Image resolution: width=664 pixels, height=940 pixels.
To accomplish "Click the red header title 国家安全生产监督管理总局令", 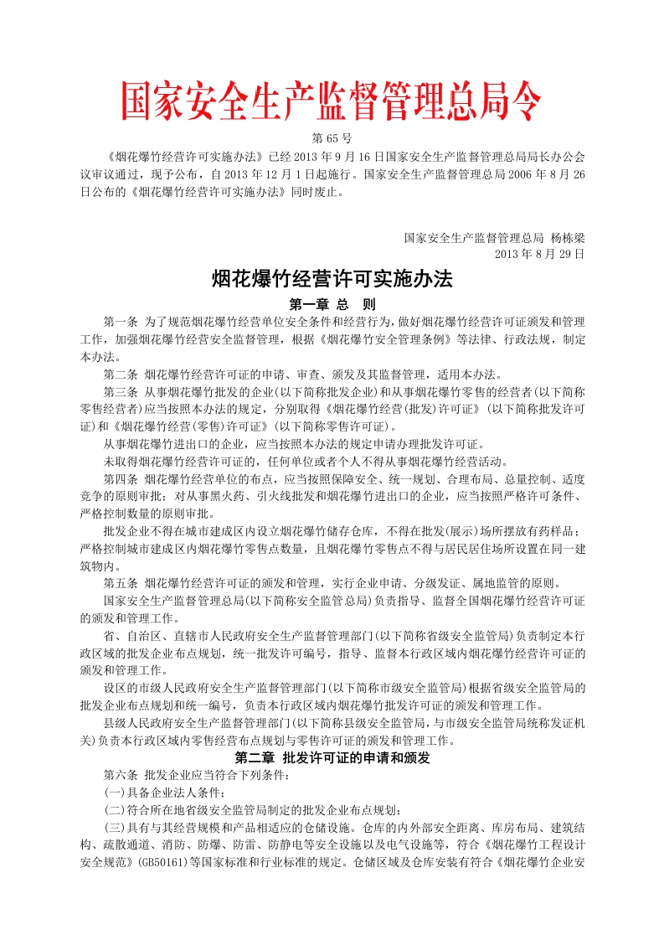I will click(x=332, y=102).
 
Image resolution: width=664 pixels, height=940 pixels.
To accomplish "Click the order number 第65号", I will click(x=332, y=137).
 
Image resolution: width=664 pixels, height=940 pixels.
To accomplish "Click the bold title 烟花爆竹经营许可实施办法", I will click(x=332, y=280).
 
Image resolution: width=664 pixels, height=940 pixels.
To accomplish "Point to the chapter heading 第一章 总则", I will click(x=332, y=305).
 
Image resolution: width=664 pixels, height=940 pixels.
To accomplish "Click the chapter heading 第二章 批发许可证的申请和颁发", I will click(x=332, y=759).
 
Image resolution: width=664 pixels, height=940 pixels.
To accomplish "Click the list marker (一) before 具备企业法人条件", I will click(x=113, y=793).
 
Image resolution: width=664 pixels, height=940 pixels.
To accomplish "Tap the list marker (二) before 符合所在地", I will click(x=113, y=810).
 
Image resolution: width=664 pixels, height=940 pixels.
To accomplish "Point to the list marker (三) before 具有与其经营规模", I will click(x=113, y=828).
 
